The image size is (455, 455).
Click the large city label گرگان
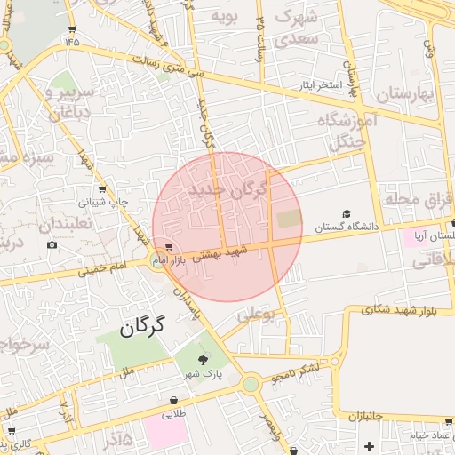(x=141, y=326)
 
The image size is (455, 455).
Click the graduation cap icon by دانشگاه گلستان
(x=347, y=213)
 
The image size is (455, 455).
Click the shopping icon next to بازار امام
(x=169, y=247)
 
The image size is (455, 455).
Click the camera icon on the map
(x=52, y=244)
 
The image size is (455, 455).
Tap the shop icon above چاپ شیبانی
(x=103, y=188)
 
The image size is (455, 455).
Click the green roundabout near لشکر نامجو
(x=251, y=384)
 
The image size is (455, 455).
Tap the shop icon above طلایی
(x=172, y=401)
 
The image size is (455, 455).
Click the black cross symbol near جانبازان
(x=370, y=444)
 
